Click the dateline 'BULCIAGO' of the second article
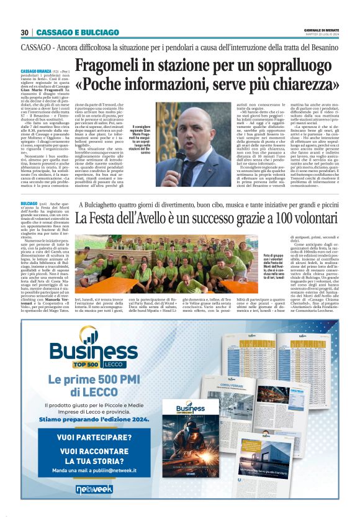[29, 204]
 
